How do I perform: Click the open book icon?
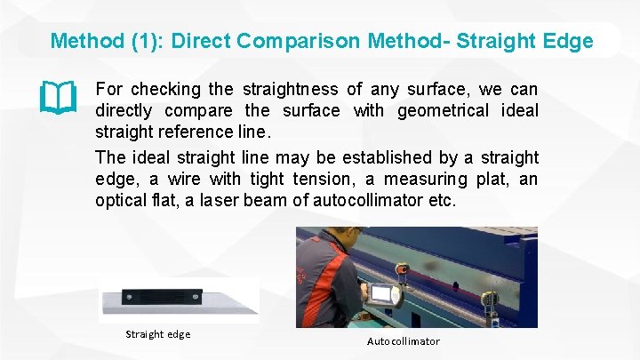pyautogui.click(x=59, y=98)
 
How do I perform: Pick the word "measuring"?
pyautogui.click(x=411, y=180)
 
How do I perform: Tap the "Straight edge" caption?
pyautogui.click(x=158, y=334)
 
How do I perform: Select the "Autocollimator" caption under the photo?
pyautogui.click(x=403, y=341)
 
